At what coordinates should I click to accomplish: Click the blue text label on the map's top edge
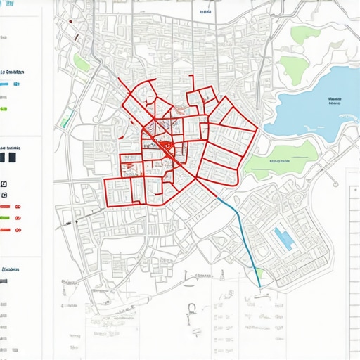pos(205,12)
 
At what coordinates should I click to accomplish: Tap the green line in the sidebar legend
pos(5,218)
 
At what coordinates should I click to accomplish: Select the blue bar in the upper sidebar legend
pos(5,84)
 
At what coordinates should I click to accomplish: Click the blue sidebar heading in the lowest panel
pos(11,269)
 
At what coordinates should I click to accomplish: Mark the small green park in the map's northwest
pos(82,64)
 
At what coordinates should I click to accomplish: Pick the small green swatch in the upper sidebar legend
pos(4,110)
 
